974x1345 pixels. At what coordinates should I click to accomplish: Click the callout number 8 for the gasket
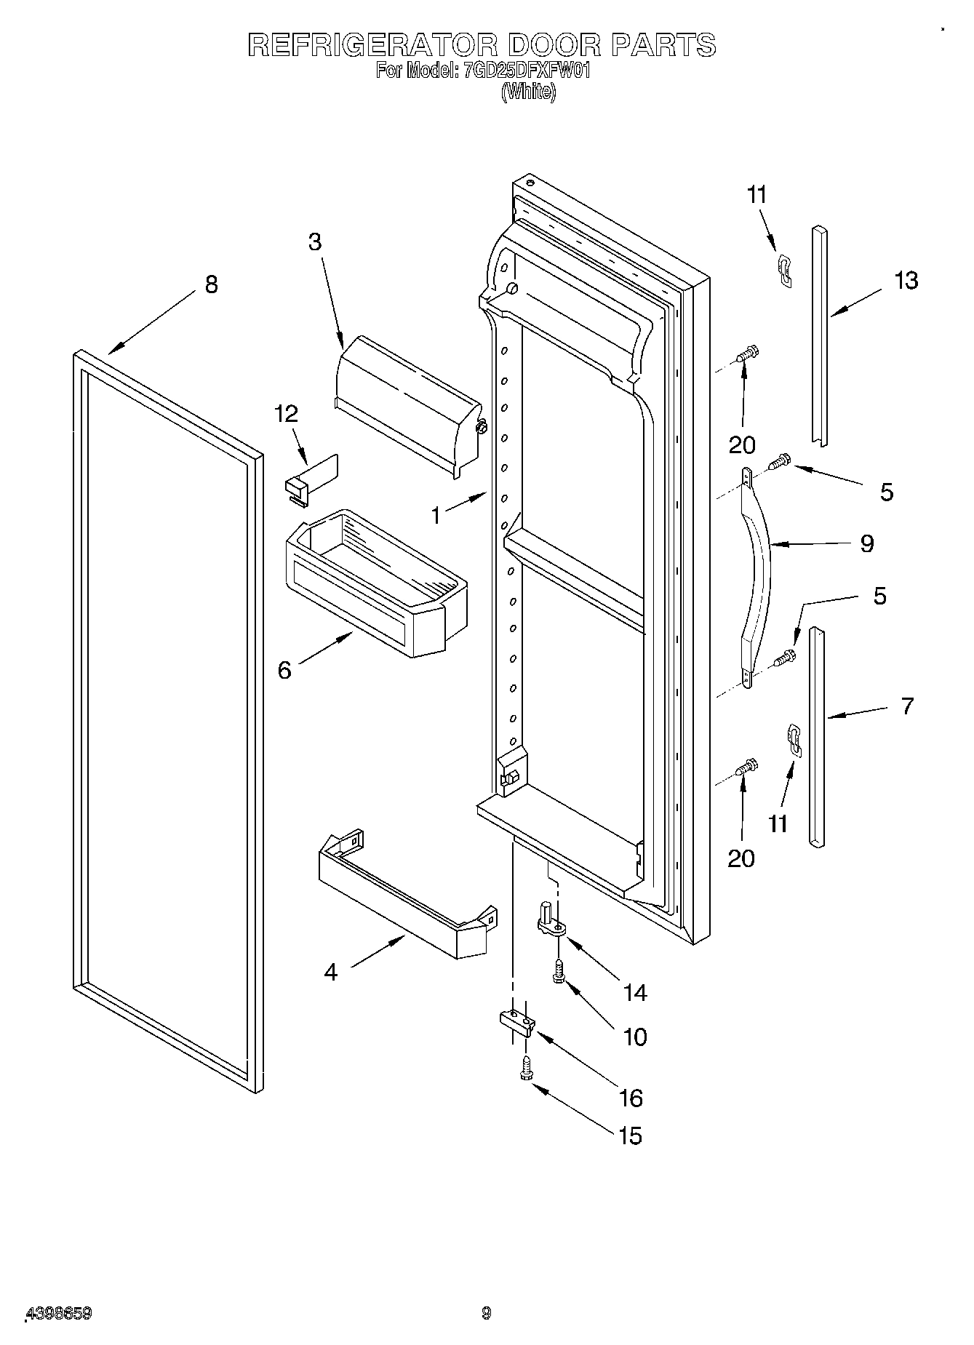[211, 284]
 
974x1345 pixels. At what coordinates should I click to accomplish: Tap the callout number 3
[314, 242]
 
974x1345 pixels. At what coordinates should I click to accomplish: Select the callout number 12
[286, 414]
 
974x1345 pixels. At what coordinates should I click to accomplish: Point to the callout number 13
[906, 280]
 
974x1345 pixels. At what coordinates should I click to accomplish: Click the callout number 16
[631, 1098]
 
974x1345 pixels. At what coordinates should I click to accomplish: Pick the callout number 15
[630, 1136]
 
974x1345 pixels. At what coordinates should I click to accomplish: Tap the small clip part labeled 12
[309, 479]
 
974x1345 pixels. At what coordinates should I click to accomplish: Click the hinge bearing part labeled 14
[551, 922]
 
